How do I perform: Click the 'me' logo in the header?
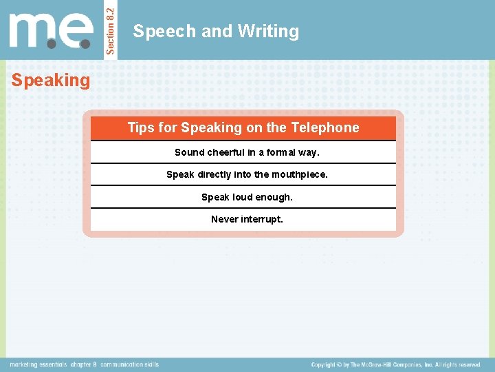tap(51, 32)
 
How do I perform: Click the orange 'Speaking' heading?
tap(50, 81)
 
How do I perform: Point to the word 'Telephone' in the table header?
tap(325, 127)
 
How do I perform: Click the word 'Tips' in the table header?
tap(140, 127)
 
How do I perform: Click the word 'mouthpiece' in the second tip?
tap(299, 174)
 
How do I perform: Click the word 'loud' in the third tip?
tap(243, 197)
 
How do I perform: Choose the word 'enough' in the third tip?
tap(275, 197)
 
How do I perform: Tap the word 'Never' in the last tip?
tap(224, 219)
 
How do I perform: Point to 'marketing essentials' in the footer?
tap(38, 364)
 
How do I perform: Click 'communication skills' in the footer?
tap(131, 364)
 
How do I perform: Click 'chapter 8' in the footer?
tap(85, 364)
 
